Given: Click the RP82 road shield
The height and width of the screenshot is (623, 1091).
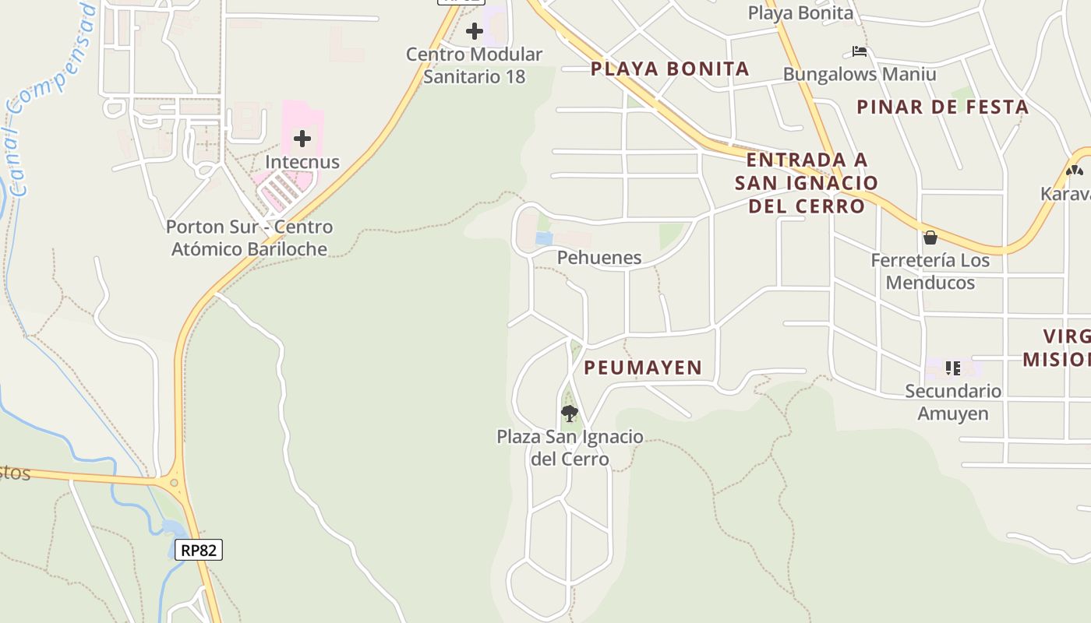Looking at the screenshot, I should (x=198, y=550).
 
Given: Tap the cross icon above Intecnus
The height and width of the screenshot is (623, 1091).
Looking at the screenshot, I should (x=302, y=139).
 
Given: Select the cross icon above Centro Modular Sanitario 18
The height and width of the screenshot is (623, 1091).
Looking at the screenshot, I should (x=475, y=31).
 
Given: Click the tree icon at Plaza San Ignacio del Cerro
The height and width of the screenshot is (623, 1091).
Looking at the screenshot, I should (x=570, y=413).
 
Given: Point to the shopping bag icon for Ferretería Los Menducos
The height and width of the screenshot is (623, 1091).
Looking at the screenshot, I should (x=930, y=238).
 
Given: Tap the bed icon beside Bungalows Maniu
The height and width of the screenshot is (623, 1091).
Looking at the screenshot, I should (x=860, y=51).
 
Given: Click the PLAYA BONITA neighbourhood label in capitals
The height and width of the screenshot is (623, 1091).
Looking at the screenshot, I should (x=669, y=69).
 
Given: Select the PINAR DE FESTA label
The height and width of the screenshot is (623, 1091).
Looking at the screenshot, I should (x=942, y=107).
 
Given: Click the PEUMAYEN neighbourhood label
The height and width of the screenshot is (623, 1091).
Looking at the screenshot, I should (x=643, y=368).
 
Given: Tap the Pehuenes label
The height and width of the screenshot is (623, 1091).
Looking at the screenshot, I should (x=599, y=258).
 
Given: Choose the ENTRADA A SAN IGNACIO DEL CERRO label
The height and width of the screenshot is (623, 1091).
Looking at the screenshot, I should (x=806, y=183).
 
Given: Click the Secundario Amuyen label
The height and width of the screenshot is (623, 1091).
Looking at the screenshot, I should (x=952, y=402).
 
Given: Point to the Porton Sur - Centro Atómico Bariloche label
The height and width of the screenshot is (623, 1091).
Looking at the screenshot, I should (x=249, y=238).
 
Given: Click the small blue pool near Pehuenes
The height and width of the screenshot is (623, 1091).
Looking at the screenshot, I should (x=544, y=238).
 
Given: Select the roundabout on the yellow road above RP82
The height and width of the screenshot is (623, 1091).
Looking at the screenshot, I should (x=174, y=483).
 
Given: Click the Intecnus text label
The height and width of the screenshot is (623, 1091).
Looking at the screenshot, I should (x=302, y=162).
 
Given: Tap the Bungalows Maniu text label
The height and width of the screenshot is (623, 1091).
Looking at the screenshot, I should (x=860, y=75).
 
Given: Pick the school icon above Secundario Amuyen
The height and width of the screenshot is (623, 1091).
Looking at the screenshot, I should (x=952, y=368).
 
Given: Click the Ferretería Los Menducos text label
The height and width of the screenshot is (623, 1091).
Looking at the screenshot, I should (x=930, y=271).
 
